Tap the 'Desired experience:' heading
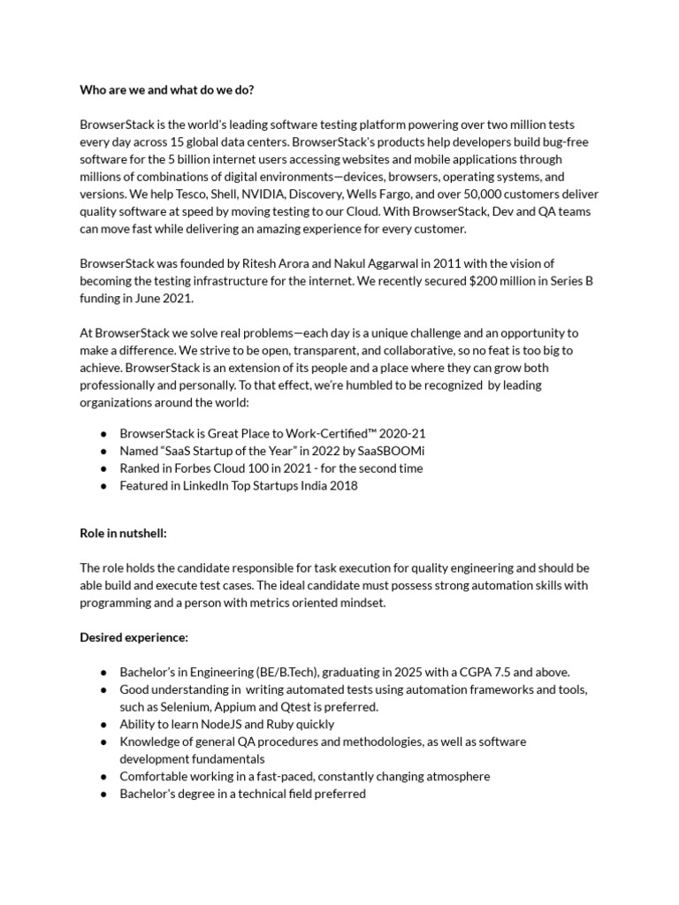(134, 636)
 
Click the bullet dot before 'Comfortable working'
(103, 776)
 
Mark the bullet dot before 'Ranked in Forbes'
(103, 468)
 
